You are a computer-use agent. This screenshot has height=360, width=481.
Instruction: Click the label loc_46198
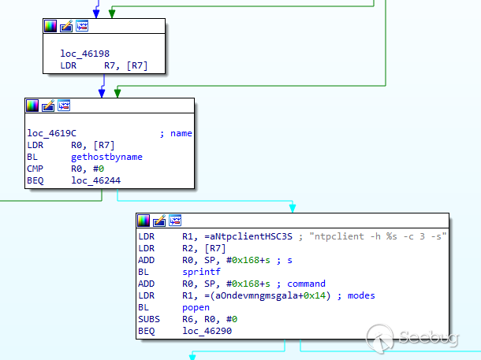tap(84, 54)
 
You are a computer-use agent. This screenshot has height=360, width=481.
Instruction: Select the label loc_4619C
tap(51, 133)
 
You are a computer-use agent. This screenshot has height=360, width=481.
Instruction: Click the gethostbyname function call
tap(106, 157)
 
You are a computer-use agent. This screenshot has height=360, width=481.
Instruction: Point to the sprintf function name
tap(202, 272)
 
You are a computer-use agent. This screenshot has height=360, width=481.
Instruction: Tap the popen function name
tap(196, 307)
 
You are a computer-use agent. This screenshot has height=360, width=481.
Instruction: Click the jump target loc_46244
tap(96, 180)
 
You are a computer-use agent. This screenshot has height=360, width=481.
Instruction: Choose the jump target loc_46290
tap(207, 331)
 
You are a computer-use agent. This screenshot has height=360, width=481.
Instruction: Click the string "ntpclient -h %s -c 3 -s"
tap(378, 236)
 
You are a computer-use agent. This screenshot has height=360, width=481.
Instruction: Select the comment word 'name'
tap(181, 133)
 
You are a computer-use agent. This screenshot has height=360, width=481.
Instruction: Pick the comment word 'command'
tap(306, 284)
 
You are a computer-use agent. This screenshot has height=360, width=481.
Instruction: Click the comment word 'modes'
tap(361, 295)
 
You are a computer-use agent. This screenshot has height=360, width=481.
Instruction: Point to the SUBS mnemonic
tap(149, 319)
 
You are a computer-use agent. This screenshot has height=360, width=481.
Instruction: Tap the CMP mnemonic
tap(35, 169)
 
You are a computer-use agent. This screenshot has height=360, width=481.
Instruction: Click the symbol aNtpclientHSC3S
tap(248, 236)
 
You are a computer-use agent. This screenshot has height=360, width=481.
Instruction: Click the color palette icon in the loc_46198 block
tap(50, 26)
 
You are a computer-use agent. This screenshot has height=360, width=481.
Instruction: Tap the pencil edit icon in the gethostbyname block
tap(48, 106)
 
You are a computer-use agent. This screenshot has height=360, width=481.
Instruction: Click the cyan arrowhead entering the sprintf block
tap(293, 208)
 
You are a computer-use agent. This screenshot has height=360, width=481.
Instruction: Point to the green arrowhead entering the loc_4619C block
tap(117, 93)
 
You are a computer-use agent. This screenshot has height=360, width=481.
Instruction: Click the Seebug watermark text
tap(428, 337)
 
